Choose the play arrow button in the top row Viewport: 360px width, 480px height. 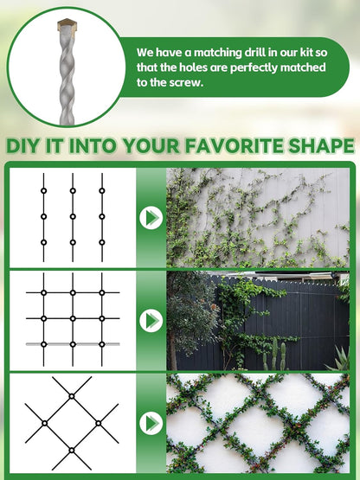click(x=151, y=217)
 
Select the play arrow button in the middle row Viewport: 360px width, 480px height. click(x=151, y=320)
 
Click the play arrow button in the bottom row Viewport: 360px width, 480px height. click(x=151, y=423)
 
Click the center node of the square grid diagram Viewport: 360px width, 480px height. click(x=73, y=318)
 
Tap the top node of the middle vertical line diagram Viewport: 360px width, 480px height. click(x=73, y=190)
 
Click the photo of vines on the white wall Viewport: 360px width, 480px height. click(x=257, y=217)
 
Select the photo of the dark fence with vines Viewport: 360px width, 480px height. click(x=257, y=320)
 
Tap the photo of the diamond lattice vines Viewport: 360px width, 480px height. click(x=257, y=423)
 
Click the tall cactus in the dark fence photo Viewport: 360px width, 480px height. click(x=275, y=353)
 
